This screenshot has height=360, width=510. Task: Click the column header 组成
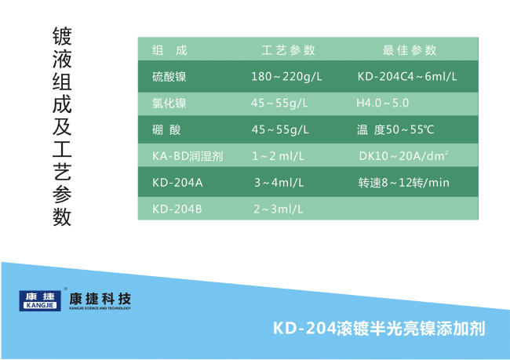tap(169, 50)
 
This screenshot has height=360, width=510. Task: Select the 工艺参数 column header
tap(289, 50)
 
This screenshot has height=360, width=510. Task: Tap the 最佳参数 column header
tap(410, 50)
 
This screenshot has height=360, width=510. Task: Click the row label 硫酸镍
tap(169, 77)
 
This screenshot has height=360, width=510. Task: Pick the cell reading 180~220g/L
tap(286, 77)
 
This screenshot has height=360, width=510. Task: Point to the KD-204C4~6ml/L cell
tap(407, 77)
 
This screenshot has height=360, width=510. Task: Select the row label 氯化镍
tap(169, 104)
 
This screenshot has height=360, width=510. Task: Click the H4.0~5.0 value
tap(383, 103)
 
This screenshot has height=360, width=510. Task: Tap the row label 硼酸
tap(166, 129)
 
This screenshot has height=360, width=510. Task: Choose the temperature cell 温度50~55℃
tap(395, 129)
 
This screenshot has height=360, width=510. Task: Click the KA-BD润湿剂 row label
tap(188, 156)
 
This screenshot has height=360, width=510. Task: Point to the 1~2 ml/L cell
tap(279, 156)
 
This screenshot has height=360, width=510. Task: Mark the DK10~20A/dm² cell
tap(403, 156)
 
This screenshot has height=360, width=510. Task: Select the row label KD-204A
tap(177, 183)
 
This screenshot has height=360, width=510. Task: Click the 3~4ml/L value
tap(279, 183)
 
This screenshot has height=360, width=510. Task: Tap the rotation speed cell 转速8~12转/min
tap(403, 183)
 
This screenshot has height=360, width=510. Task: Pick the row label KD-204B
tap(177, 209)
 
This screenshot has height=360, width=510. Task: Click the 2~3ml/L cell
tap(279, 209)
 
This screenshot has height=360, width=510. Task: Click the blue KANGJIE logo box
tap(40, 301)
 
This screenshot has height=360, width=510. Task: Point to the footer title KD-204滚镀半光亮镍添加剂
tap(379, 329)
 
